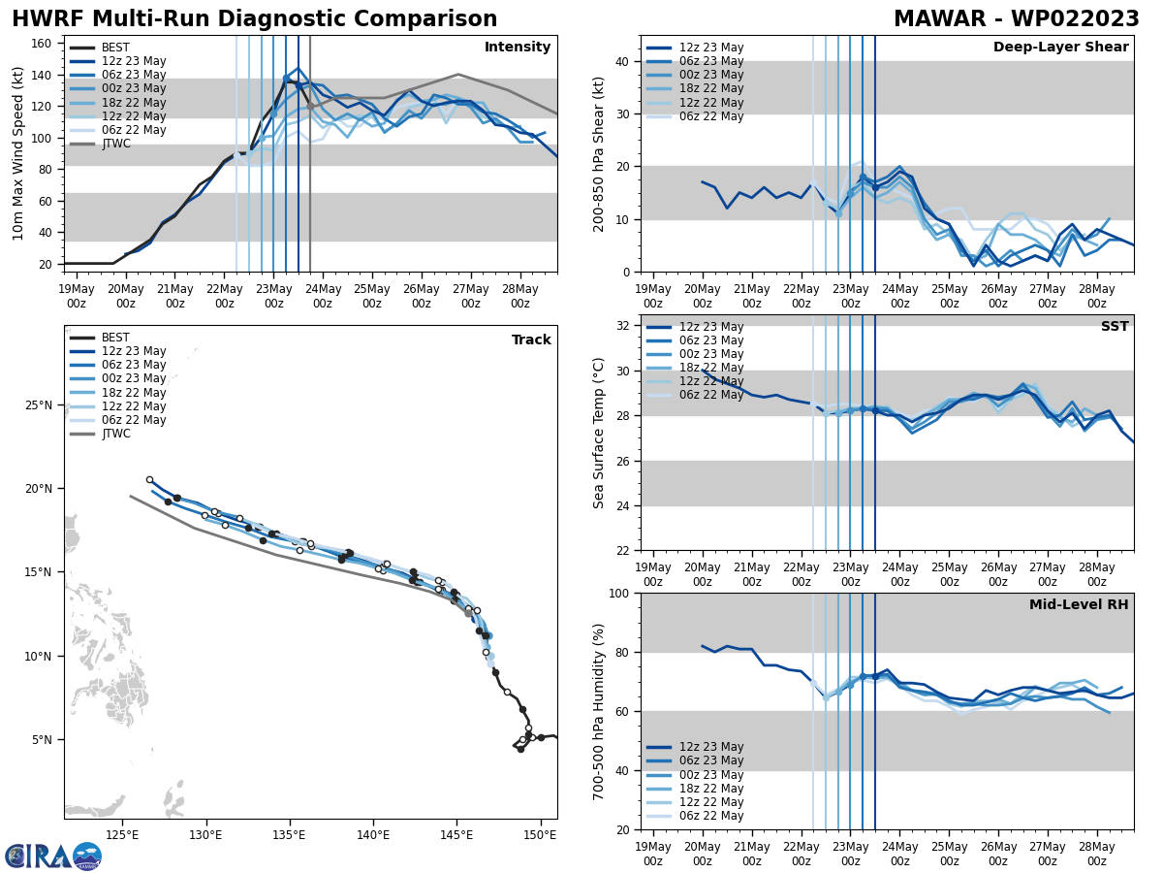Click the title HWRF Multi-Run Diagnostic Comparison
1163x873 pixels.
254,19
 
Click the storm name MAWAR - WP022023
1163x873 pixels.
1016,19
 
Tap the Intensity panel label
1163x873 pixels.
517,48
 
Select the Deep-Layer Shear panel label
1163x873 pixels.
1060,48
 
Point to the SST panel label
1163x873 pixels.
1114,327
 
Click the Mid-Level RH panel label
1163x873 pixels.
1079,605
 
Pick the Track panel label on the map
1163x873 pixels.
531,340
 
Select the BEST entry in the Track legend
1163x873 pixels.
115,338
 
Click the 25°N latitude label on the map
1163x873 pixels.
40,404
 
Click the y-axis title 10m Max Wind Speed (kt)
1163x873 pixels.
18,153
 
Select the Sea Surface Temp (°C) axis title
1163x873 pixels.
599,433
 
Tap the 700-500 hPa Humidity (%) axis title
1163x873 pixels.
599,711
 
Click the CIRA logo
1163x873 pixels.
53,857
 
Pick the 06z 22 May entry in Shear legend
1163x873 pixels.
712,116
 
